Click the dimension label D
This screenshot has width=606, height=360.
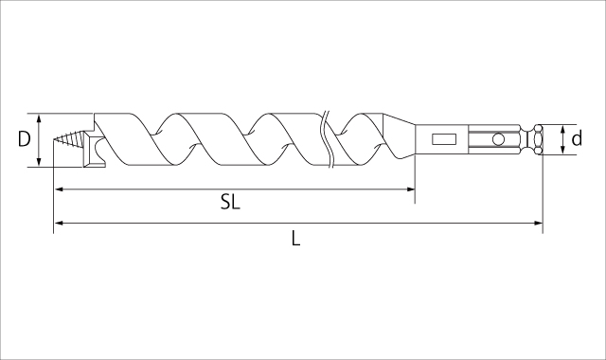[x=25, y=139]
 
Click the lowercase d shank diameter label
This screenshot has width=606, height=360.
[x=577, y=139]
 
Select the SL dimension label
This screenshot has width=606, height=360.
[x=230, y=203]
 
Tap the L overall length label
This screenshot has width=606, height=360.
[x=295, y=239]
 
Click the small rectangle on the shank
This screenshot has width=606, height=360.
[x=443, y=140]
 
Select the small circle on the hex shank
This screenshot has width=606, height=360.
[x=498, y=140]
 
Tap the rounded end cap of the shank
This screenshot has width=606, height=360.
[x=537, y=140]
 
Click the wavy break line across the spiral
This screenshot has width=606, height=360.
[x=329, y=140]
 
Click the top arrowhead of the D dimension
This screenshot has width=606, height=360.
[x=38, y=118]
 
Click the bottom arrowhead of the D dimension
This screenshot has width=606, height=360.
[x=38, y=163]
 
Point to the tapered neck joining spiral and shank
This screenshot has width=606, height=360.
[x=400, y=140]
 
